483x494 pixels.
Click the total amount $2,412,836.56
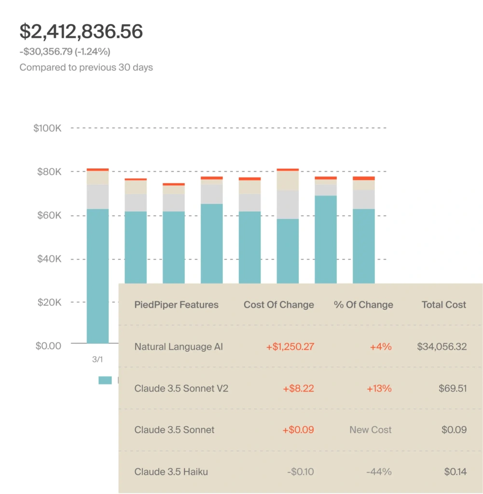coord(81,32)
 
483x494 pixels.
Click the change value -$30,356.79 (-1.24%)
coord(68,52)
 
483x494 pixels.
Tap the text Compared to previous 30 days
coord(86,68)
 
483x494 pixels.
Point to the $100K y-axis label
coord(47,128)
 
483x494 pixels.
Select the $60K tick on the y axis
coord(49,215)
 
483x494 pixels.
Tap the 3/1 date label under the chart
coord(97,359)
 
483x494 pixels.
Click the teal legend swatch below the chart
coord(105,380)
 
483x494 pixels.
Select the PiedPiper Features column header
coord(176,305)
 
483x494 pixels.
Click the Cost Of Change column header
coord(278,305)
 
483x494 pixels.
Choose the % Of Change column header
coord(363,305)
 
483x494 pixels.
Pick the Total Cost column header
coord(444,305)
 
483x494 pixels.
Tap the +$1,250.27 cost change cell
coord(290,347)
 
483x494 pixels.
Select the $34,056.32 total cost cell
coord(442,347)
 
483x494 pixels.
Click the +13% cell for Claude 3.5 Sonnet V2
coord(381,388)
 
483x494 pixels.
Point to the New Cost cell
coord(371,430)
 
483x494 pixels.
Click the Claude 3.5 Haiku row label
coord(171,472)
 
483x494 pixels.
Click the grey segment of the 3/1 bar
coord(97,197)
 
